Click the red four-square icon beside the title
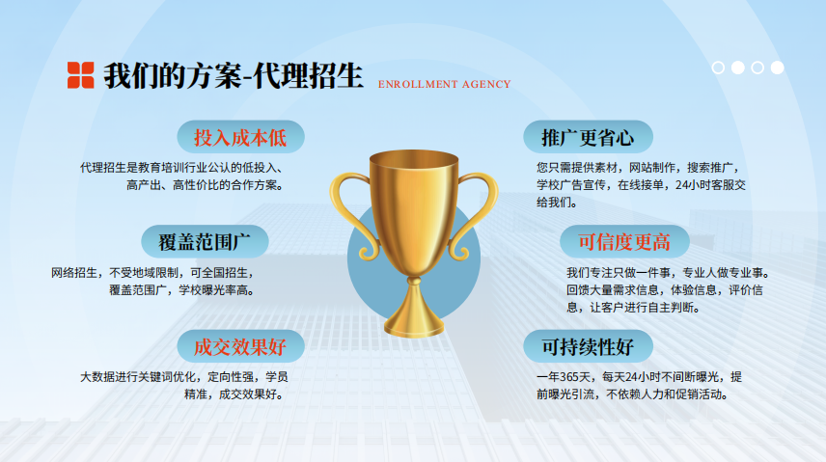coord(81,75)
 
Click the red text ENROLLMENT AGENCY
coord(445,84)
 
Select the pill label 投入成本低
coord(240,137)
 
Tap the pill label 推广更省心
coord(588,137)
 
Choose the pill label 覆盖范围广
coord(205,242)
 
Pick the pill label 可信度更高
coord(624,242)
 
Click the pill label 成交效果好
coord(240,346)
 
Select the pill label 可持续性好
coord(588,346)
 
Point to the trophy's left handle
coord(348,210)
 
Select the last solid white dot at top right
coord(777,68)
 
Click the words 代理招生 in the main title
coord(309,76)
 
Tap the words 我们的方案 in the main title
coord(173,76)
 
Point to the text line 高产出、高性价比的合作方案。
coord(206,185)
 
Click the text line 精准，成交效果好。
coord(234,394)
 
